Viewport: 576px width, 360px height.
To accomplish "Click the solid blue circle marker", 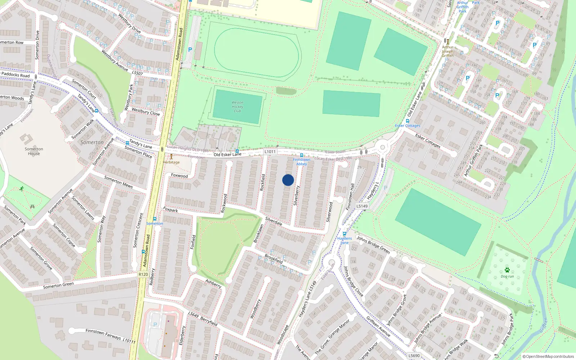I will click(288, 180).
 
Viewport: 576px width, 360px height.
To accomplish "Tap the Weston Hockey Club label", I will click(237, 107).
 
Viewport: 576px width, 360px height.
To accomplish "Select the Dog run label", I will click(507, 276).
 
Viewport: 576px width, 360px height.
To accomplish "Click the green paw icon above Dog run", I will click(507, 270).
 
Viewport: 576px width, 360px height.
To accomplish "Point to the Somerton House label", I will click(34, 151).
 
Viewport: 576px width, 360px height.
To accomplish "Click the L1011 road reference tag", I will click(270, 152).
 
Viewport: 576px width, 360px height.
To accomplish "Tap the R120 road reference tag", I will click(143, 274).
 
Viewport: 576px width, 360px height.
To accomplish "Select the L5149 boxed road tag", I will click(362, 206).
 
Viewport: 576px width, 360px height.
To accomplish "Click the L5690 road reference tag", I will click(414, 356).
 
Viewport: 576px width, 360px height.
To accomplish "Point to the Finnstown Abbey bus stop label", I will click(302, 162).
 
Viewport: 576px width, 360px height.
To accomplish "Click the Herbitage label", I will click(171, 162).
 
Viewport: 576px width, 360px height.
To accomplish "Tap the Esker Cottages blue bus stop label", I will click(408, 126).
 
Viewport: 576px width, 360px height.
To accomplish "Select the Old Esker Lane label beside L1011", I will click(228, 154).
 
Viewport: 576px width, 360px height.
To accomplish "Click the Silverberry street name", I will click(296, 195).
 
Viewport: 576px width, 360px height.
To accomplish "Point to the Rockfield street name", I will click(262, 182).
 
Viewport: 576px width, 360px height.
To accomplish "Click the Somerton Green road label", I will click(58, 285).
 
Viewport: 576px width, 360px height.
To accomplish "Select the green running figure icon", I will click(22, 189).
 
